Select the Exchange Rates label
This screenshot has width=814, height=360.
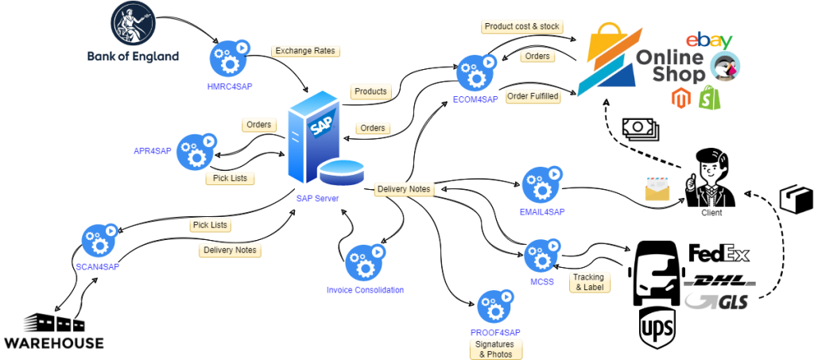(x=306, y=51)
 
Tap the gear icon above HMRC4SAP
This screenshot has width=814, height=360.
(x=229, y=59)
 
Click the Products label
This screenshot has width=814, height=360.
(x=370, y=91)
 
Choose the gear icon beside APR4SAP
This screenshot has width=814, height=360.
(x=196, y=151)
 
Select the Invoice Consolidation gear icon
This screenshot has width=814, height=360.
(x=364, y=263)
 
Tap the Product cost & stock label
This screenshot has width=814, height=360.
(x=521, y=26)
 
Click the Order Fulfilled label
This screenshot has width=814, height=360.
(x=533, y=96)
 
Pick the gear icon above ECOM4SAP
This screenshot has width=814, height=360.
(x=475, y=73)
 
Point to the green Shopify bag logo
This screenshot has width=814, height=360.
(x=707, y=98)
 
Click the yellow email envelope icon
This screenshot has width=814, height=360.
(x=657, y=189)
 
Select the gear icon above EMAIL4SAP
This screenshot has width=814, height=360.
(x=542, y=185)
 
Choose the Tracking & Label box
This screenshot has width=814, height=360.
(x=588, y=282)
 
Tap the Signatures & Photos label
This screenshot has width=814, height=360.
(x=494, y=349)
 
